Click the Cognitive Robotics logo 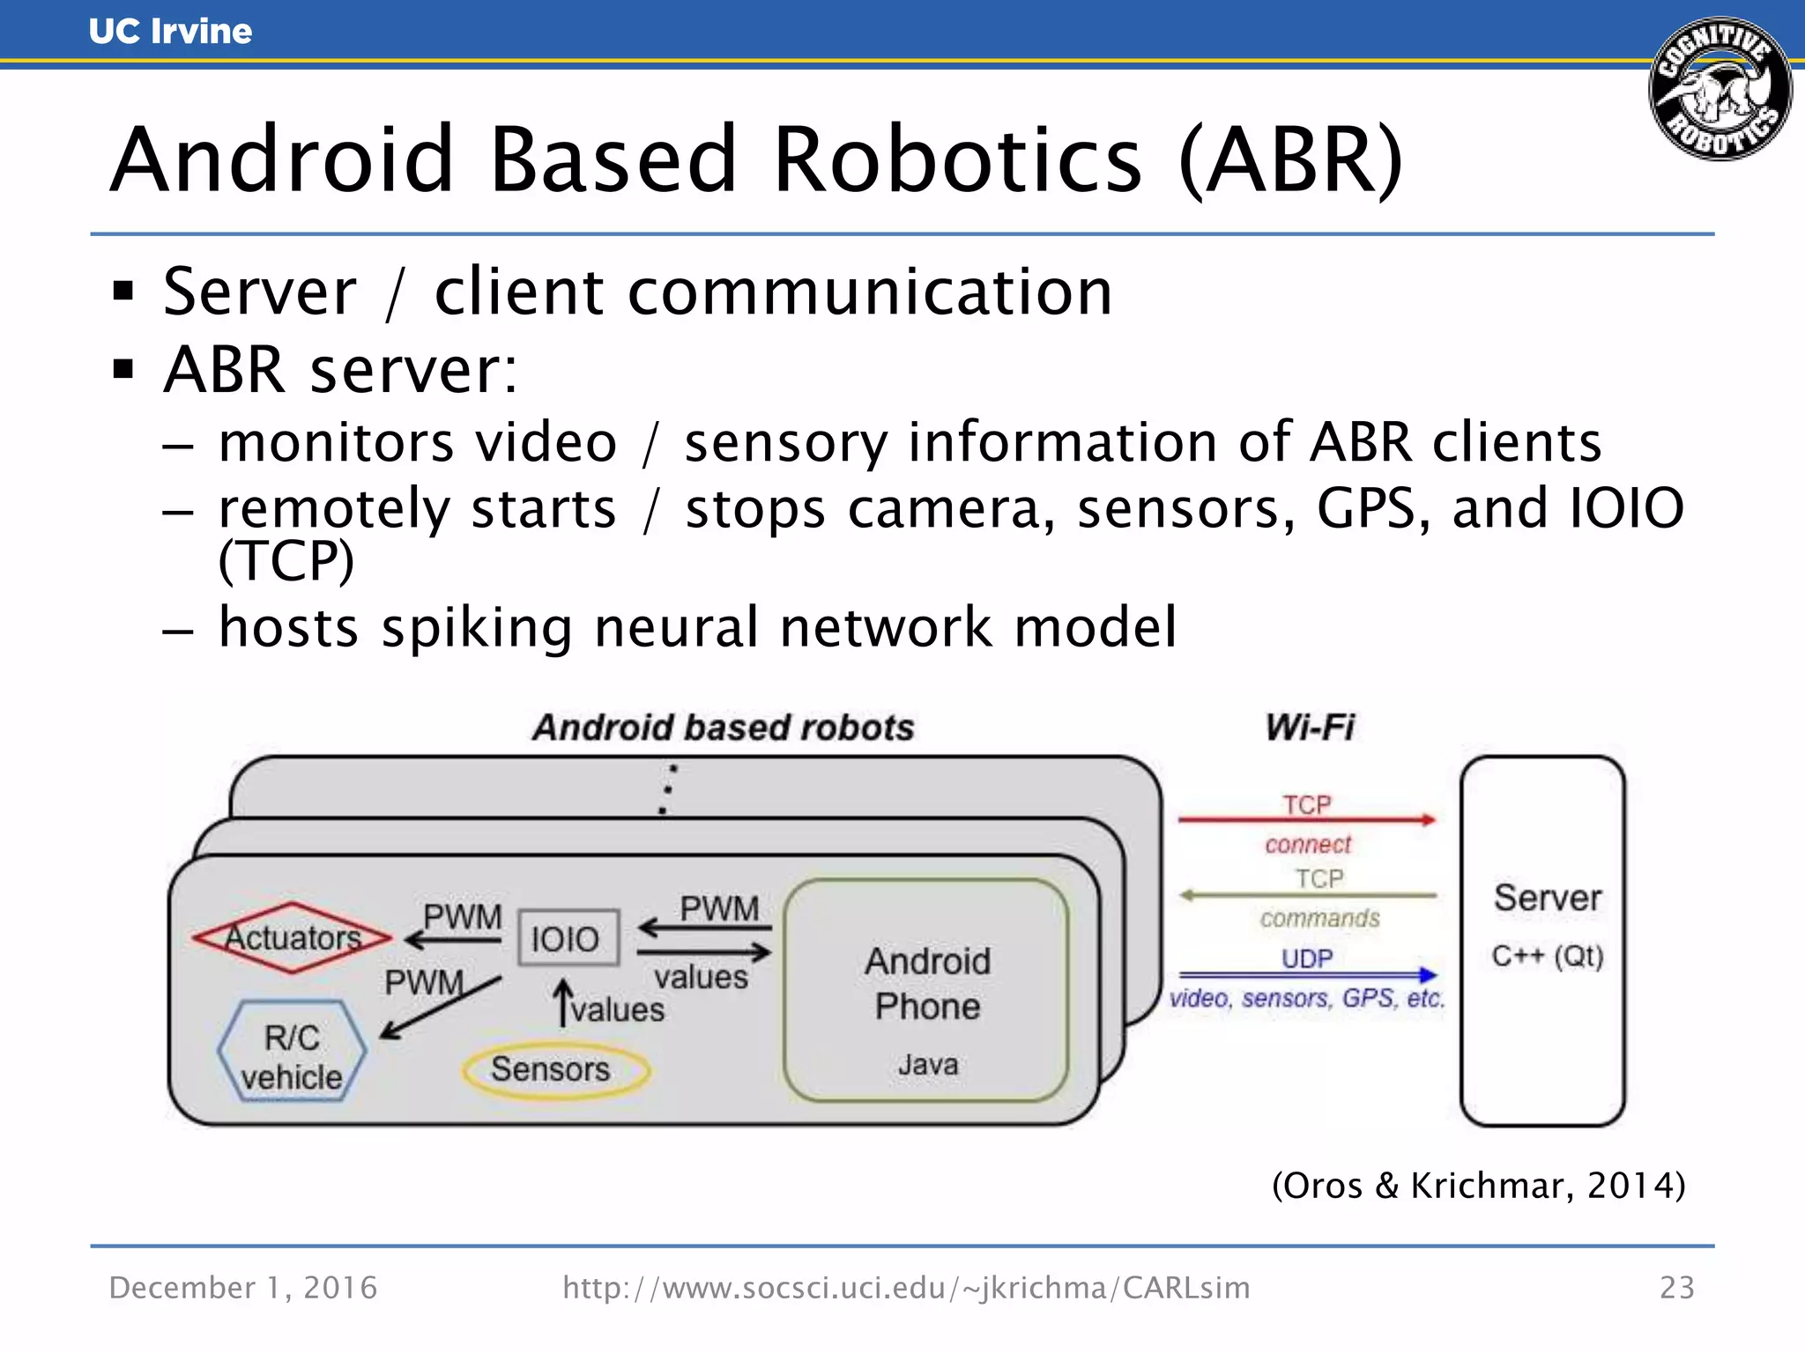[x=1720, y=89]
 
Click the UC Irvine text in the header [x=170, y=32]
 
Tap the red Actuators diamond [x=292, y=937]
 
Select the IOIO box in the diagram [x=567, y=939]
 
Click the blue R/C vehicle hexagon [x=292, y=1052]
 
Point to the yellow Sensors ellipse [x=554, y=1069]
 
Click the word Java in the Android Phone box [x=927, y=1065]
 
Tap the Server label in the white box [x=1547, y=898]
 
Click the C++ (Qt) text [x=1547, y=956]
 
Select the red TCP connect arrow [x=1306, y=820]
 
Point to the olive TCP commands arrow [x=1306, y=896]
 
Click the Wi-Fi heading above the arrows [x=1309, y=728]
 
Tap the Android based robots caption [x=723, y=728]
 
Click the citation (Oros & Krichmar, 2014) [x=1478, y=1186]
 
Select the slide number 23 [x=1676, y=1288]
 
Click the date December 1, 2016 [x=243, y=1288]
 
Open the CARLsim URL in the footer [x=906, y=1288]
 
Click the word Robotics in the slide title [x=957, y=160]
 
